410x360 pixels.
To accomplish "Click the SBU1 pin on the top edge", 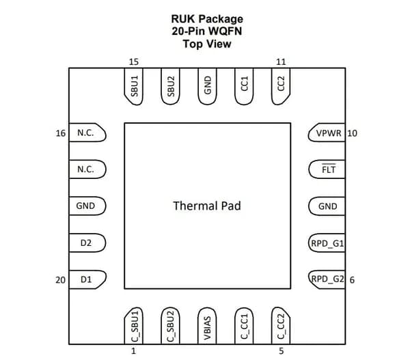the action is pyautogui.click(x=134, y=87).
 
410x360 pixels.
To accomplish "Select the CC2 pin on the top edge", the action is pyautogui.click(x=281, y=87).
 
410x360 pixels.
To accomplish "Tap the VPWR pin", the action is pyautogui.click(x=327, y=133).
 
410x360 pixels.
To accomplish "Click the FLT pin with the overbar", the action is pyautogui.click(x=327, y=169).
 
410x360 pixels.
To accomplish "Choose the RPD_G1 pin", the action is pyautogui.click(x=327, y=243).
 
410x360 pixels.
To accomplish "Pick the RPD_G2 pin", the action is pyautogui.click(x=327, y=279).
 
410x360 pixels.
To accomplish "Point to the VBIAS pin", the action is pyautogui.click(x=207, y=326).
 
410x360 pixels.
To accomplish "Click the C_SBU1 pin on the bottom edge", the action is pyautogui.click(x=134, y=326).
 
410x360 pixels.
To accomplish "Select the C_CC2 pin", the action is pyautogui.click(x=281, y=326).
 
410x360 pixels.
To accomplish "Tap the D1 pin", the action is pyautogui.click(x=87, y=279).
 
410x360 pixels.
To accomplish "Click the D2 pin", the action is pyautogui.click(x=87, y=243).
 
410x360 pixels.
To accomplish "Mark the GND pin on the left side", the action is pyautogui.click(x=87, y=206).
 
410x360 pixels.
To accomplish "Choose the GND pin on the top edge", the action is pyautogui.click(x=207, y=87).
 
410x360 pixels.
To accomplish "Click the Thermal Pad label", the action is pyautogui.click(x=207, y=206).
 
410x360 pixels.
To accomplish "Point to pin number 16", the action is pyautogui.click(x=61, y=133).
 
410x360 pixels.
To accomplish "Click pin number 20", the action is pyautogui.click(x=60, y=280).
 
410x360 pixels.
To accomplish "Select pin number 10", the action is pyautogui.click(x=352, y=133).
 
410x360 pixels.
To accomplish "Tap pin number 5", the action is pyautogui.click(x=281, y=351).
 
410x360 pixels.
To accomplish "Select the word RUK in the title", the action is pyautogui.click(x=184, y=19).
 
